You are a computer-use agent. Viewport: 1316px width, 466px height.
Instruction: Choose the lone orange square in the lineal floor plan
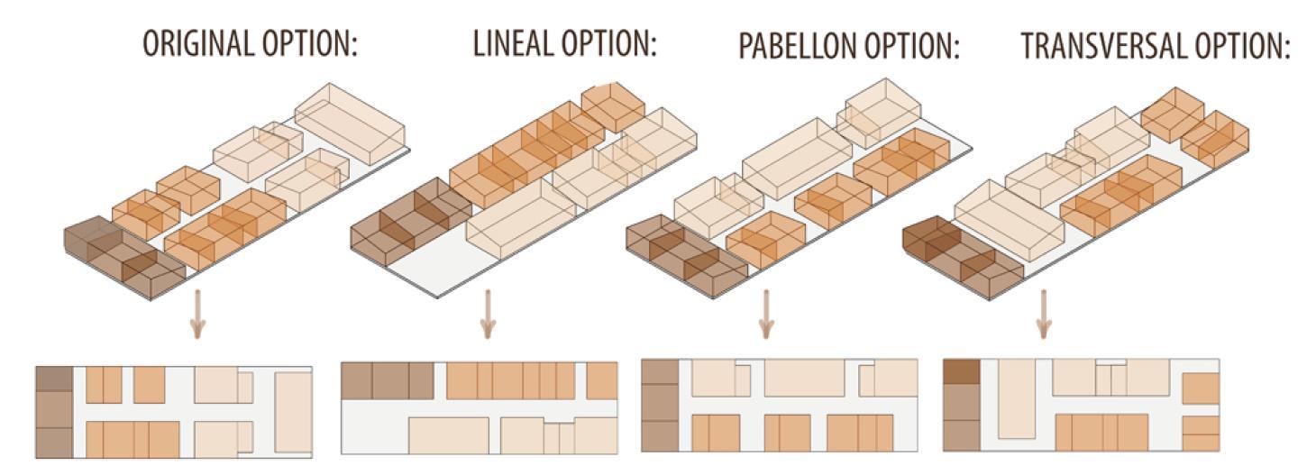coord(602,380)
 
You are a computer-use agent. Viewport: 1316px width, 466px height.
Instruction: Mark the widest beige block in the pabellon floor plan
coord(804,379)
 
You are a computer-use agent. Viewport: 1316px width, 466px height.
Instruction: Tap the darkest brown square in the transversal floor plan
coord(960,372)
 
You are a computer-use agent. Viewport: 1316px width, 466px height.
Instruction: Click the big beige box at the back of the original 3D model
coord(351,122)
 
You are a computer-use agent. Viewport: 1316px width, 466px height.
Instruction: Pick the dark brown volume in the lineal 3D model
coord(407,221)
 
